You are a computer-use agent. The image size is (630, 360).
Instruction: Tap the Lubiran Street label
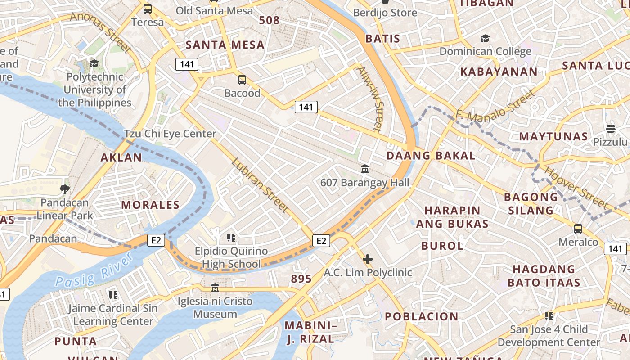coord(260,185)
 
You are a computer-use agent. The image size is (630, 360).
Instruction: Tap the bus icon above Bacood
coord(242,80)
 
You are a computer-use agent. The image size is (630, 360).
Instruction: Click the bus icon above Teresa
coord(148,9)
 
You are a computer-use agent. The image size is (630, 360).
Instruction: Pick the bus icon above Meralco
coord(578,229)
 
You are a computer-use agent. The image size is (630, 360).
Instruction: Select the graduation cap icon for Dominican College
coord(485,38)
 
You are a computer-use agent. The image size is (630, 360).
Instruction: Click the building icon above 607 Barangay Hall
coord(365,169)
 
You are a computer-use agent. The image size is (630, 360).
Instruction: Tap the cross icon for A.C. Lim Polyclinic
coord(368,259)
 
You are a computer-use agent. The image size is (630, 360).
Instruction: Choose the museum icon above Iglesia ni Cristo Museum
coord(215,288)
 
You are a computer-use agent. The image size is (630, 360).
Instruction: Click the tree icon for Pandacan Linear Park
coord(65,189)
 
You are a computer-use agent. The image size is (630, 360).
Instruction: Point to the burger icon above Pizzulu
coord(610,129)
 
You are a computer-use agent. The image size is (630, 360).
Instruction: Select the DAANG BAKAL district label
coord(431,156)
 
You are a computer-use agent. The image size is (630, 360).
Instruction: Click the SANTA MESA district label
coord(225,45)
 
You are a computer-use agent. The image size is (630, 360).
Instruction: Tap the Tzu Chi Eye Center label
coord(170,134)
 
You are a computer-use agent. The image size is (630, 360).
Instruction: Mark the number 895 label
coord(301,279)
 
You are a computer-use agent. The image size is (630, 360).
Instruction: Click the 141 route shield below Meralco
coord(615,248)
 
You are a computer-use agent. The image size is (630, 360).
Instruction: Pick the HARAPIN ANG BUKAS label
coord(452,217)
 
